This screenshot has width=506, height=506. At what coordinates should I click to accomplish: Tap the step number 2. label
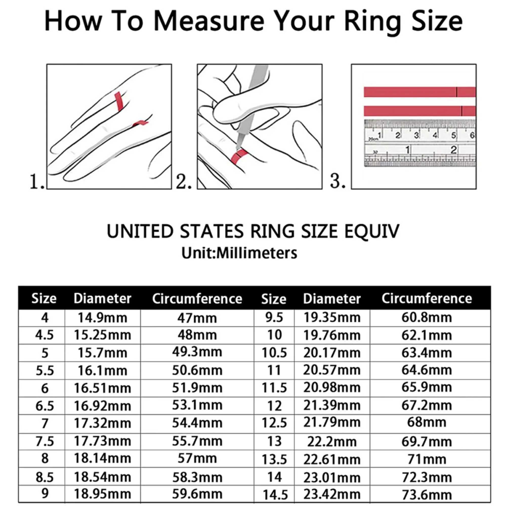click(x=183, y=181)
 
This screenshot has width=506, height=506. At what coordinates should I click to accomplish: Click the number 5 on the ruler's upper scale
click(x=453, y=135)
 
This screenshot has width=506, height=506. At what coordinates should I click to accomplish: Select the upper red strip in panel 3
click(x=419, y=92)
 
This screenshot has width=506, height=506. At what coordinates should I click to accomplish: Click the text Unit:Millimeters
click(x=239, y=253)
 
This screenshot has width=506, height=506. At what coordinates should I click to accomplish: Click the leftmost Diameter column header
click(x=102, y=298)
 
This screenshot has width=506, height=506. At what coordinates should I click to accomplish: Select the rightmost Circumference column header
click(x=427, y=298)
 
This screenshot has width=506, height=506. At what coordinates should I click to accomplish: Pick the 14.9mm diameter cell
click(x=102, y=318)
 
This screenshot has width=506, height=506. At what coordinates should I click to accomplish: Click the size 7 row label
click(x=45, y=424)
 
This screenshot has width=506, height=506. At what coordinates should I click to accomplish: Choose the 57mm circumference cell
click(x=197, y=458)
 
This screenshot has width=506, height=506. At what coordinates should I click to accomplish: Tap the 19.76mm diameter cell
click(x=332, y=335)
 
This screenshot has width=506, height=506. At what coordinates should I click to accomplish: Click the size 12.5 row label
click(x=274, y=423)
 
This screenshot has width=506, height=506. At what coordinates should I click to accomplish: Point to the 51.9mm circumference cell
click(x=197, y=388)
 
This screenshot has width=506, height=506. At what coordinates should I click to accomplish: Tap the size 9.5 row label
click(x=274, y=318)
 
